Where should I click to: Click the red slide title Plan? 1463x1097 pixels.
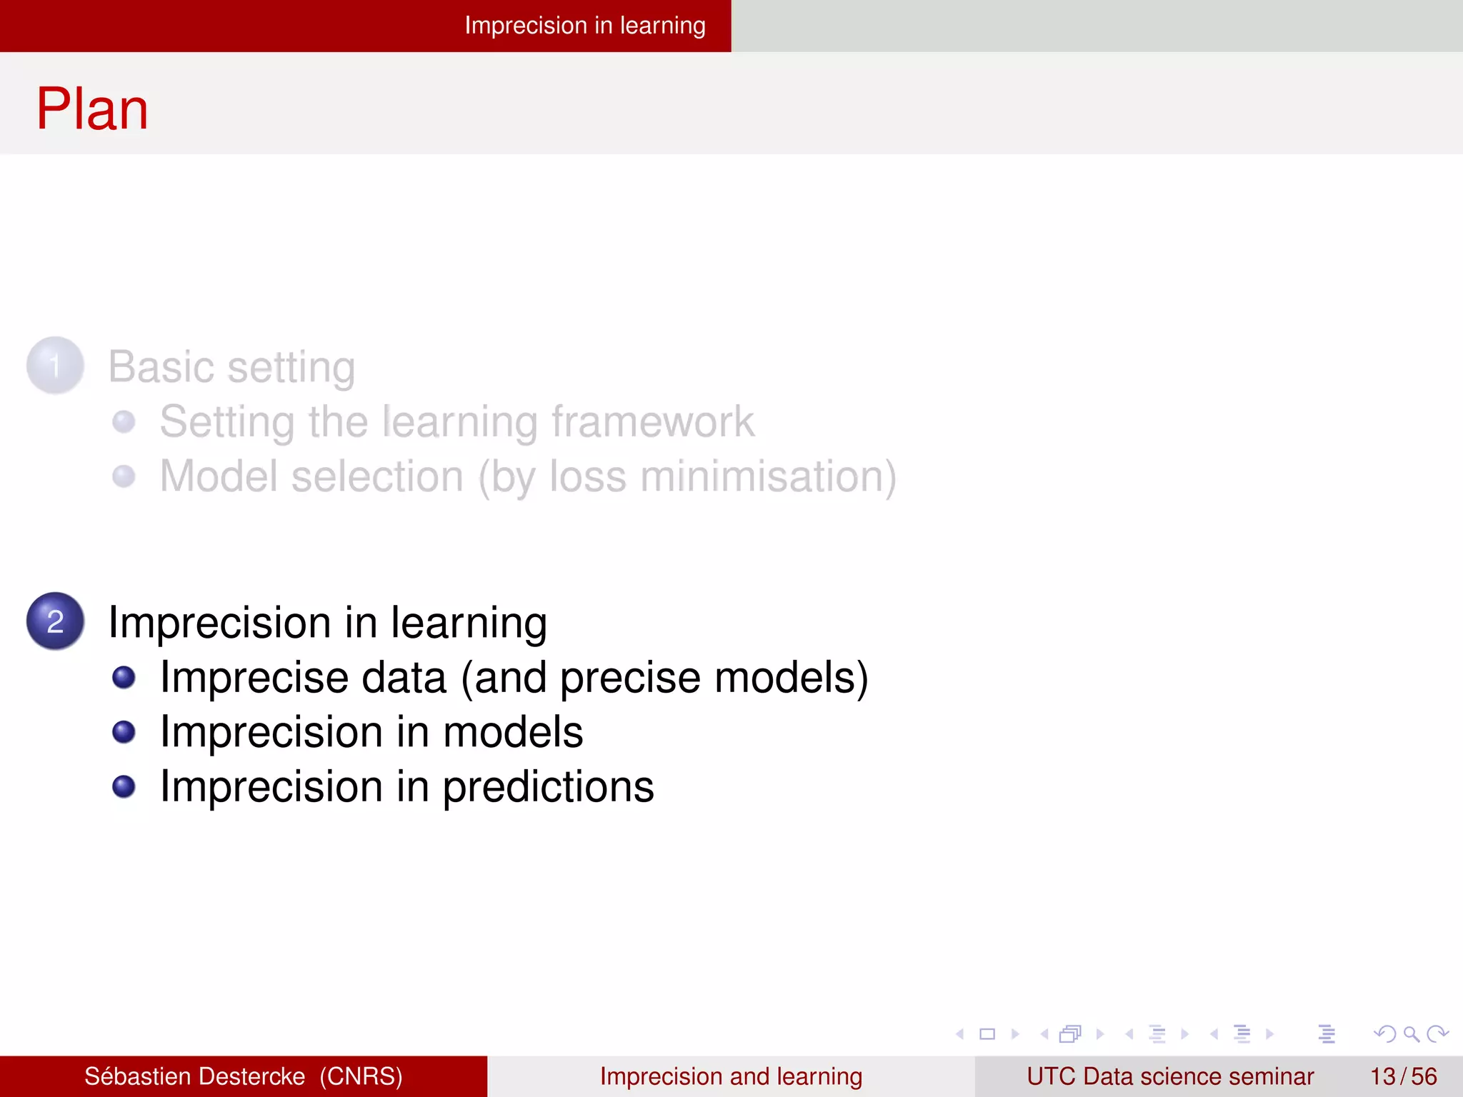92,109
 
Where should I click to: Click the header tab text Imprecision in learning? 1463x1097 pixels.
584,26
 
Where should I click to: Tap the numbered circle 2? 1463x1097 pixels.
56,621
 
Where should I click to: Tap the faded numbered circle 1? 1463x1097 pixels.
56,366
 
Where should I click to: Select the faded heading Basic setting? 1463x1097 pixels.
231,367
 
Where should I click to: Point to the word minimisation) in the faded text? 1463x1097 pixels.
768,476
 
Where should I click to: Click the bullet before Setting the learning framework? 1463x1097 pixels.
124,421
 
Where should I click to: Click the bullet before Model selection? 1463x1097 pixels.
124,476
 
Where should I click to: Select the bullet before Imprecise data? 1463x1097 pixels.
124,677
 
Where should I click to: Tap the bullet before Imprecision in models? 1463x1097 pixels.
124,731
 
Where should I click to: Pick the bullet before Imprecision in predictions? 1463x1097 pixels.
124,786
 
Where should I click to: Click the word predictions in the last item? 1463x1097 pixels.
548,787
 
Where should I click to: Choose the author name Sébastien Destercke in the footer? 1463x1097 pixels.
194,1076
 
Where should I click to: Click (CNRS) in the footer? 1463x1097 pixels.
361,1076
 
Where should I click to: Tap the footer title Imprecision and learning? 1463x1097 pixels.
731,1076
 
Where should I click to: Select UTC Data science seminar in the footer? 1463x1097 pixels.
1170,1076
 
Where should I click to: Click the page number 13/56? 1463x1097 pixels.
1403,1076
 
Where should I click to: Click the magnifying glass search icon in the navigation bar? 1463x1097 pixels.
1411,1033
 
